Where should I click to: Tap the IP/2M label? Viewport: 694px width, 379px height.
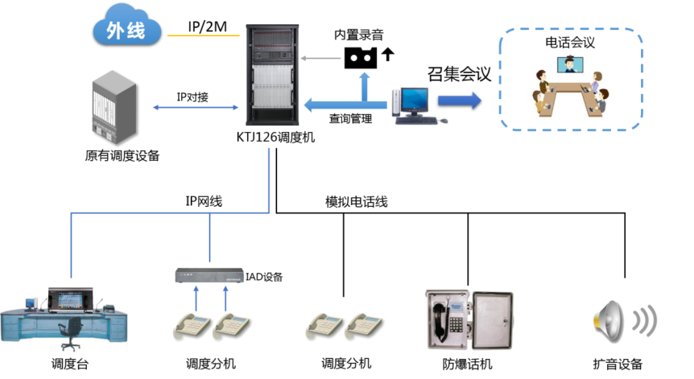coord(207,27)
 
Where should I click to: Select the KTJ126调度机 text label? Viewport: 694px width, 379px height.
coord(276,138)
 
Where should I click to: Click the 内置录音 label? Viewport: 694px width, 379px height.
coord(358,35)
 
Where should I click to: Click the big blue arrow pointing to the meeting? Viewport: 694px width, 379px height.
coord(459,101)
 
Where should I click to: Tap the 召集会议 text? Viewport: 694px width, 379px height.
coord(459,73)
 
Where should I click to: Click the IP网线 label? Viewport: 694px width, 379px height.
coord(198,202)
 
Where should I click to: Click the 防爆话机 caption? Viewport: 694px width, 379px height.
coord(468,364)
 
